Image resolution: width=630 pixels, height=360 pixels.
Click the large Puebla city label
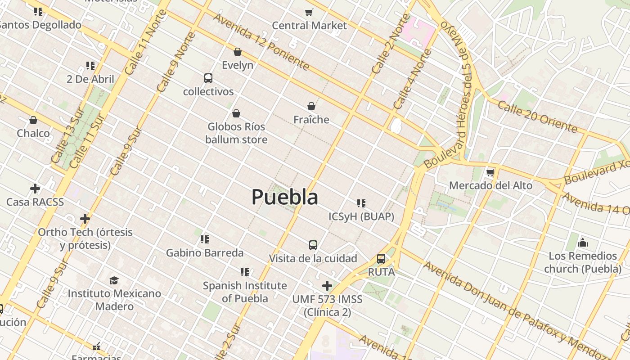285,197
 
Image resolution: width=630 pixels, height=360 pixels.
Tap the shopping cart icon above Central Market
309,12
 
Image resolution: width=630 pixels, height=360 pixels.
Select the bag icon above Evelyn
238,52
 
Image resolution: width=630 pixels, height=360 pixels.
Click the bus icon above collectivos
208,78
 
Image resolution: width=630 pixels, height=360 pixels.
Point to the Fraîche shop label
311,120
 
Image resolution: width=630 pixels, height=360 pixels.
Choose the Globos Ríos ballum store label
236,133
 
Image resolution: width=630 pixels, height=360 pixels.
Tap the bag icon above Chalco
33,120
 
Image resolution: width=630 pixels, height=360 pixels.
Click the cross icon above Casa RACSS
35,189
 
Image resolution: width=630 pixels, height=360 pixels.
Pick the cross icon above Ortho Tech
85,219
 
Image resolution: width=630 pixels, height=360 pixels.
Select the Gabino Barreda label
205,253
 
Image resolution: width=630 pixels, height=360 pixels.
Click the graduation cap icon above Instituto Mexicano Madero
114,280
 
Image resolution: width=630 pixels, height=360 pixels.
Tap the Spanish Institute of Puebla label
245,292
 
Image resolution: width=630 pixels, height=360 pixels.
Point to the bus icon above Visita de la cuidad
313,245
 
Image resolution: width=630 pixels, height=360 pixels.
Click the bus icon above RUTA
381,259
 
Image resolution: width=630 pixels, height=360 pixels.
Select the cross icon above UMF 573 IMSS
327,286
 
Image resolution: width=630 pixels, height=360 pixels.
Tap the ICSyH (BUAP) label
361,217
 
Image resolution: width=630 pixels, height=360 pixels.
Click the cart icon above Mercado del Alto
490,172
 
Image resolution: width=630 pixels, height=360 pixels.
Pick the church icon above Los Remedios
583,243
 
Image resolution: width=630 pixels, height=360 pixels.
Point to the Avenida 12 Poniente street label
261,42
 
